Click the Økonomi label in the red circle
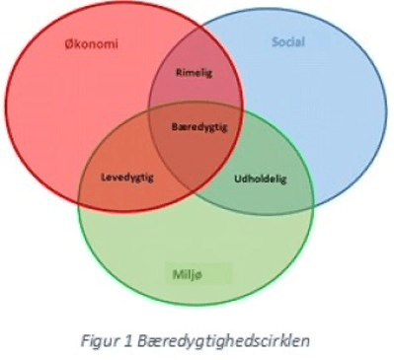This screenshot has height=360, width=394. click(91, 43)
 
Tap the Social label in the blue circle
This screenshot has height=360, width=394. click(288, 41)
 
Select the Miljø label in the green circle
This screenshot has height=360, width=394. click(188, 274)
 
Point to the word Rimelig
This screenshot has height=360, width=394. click(194, 72)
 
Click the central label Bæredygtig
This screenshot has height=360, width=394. click(199, 127)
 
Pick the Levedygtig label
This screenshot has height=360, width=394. click(127, 178)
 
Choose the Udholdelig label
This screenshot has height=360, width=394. click(261, 179)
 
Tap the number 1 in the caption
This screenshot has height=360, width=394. click(128, 341)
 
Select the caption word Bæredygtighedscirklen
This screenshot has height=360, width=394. click(223, 341)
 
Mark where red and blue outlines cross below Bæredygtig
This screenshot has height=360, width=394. click(192, 191)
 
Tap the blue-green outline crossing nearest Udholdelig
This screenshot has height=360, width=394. click(313, 205)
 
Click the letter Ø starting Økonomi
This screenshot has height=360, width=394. click(69, 43)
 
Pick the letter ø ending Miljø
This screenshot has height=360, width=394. click(198, 275)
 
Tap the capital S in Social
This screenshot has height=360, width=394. click(276, 42)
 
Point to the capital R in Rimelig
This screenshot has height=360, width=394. click(179, 72)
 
